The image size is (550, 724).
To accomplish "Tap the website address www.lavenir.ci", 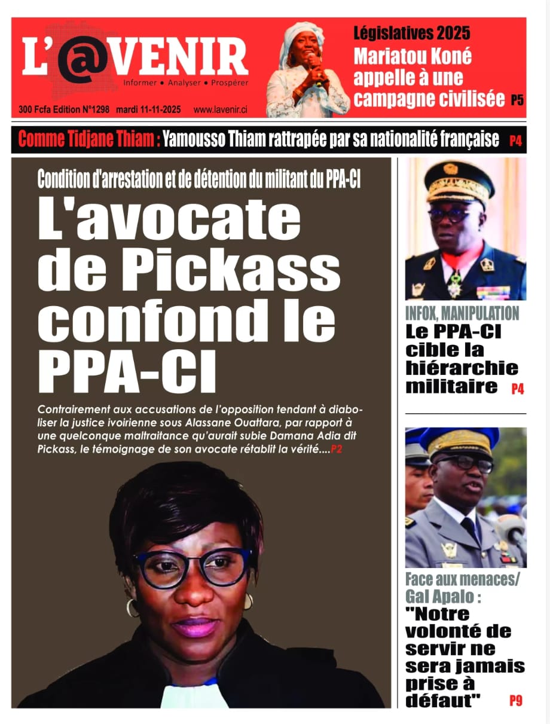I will click(x=221, y=110).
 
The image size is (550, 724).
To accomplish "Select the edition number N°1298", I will click(x=87, y=110).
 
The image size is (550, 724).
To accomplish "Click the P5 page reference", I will click(x=517, y=100).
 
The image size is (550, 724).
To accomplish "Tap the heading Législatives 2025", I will click(x=411, y=33).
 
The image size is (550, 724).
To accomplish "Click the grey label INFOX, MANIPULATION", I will click(x=462, y=313).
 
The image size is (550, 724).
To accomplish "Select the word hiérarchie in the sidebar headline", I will click(x=462, y=368).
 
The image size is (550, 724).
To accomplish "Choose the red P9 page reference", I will click(x=516, y=700).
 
